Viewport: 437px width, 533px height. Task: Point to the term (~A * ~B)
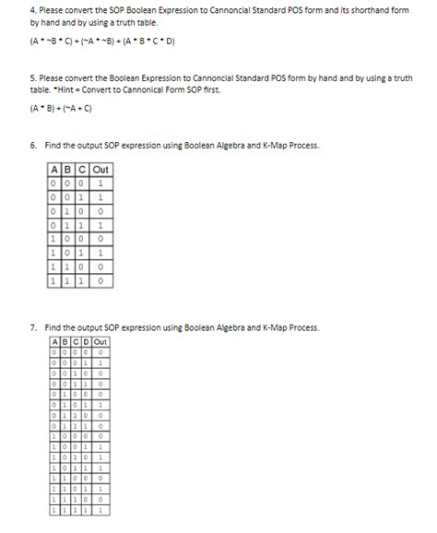114,41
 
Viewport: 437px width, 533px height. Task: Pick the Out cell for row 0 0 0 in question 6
100,184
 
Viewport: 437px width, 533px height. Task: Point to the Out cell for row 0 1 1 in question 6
100,224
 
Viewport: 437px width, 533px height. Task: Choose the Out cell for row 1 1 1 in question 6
100,279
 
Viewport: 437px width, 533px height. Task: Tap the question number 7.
33,327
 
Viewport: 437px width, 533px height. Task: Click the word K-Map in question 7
261,327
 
